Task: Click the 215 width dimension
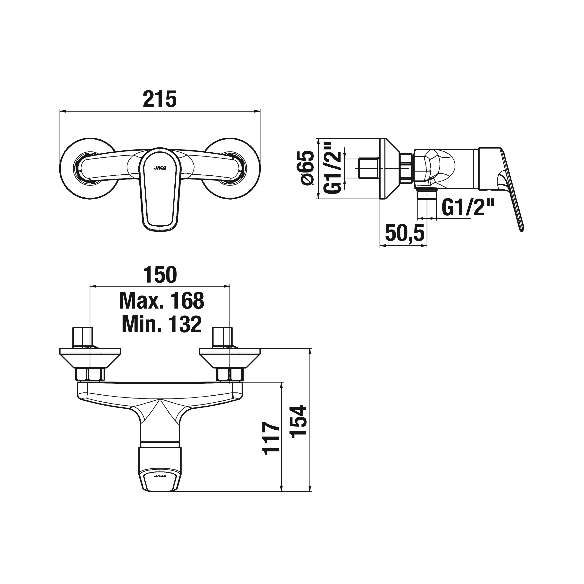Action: click(160, 99)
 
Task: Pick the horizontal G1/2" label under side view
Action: click(468, 207)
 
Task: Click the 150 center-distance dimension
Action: click(160, 275)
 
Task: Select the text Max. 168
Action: click(162, 301)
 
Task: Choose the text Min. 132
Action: click(162, 324)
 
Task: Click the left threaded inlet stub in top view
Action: click(82, 337)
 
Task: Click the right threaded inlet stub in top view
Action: click(222, 337)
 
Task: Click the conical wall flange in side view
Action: click(388, 168)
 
